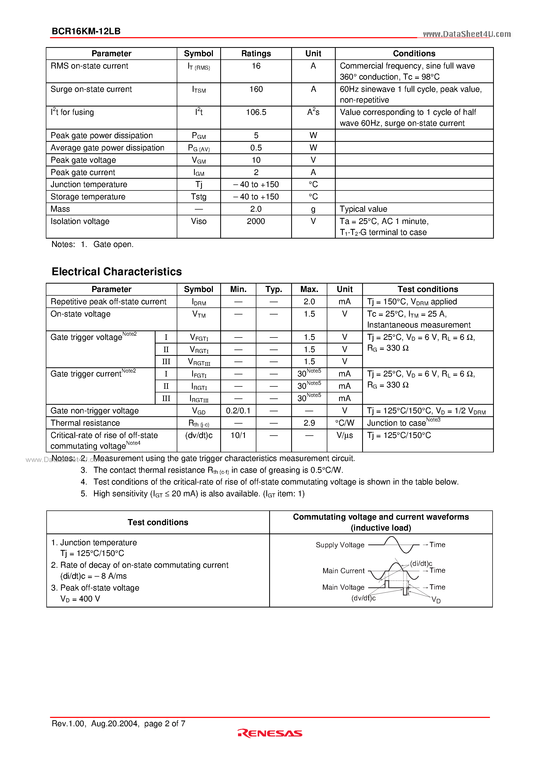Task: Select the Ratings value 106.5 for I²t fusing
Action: pos(256,112)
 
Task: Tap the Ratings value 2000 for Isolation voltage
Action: pos(256,221)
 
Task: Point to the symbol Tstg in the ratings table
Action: pos(198,197)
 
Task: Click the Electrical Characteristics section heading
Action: pos(117,272)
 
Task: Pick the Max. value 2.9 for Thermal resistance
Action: pos(309,423)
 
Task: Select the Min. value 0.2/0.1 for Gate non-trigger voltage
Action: pos(238,410)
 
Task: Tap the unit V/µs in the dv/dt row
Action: pos(345,435)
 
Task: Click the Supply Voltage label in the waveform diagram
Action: pos(340,545)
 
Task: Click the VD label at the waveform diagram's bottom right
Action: pos(436,600)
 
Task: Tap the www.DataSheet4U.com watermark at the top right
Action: pos(467,34)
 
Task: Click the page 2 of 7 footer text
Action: pos(165,723)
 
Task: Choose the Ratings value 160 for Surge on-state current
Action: pos(256,89)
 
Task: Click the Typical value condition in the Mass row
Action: pos(363,209)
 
